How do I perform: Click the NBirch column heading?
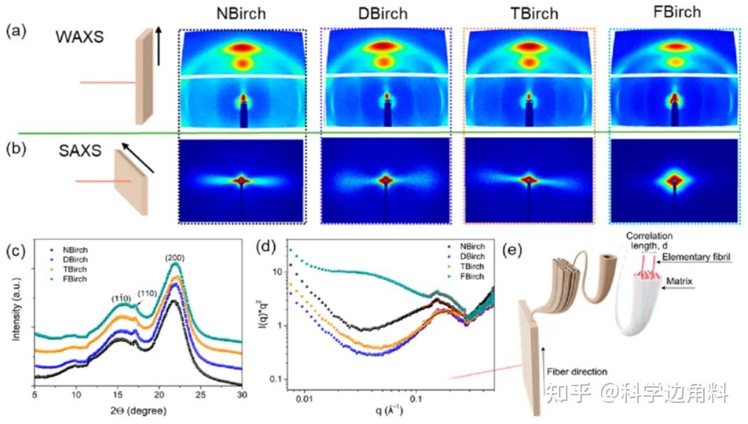[241, 13]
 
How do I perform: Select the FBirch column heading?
[674, 13]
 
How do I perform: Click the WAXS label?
[78, 36]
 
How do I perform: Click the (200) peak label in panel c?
[175, 258]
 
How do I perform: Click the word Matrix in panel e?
[704, 284]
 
